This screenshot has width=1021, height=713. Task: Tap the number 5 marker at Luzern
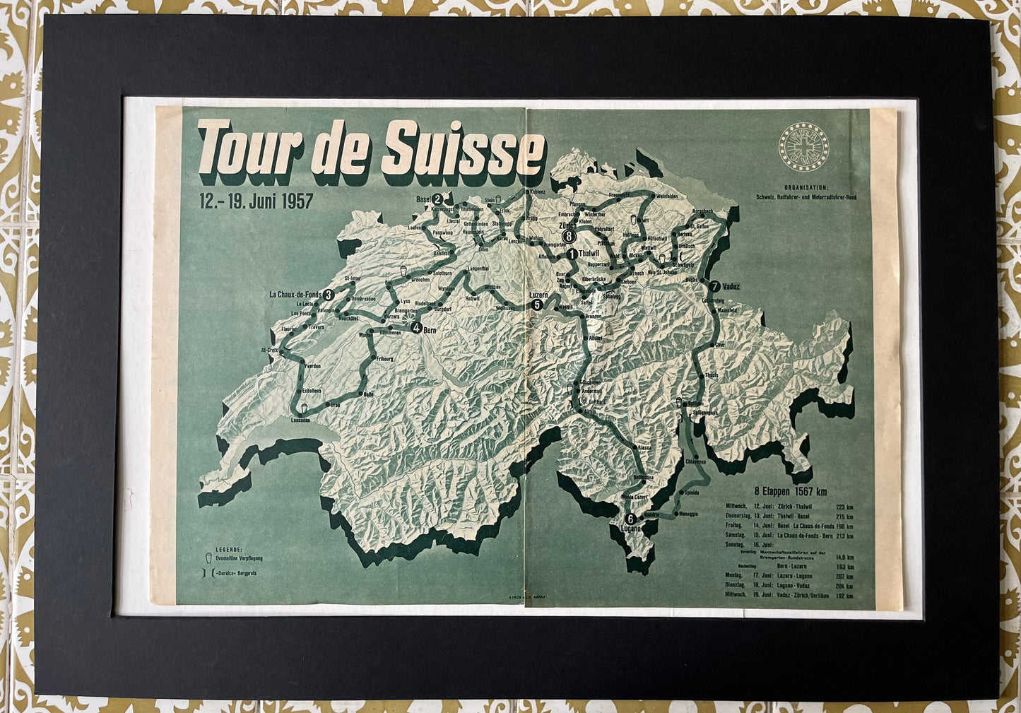536,305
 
